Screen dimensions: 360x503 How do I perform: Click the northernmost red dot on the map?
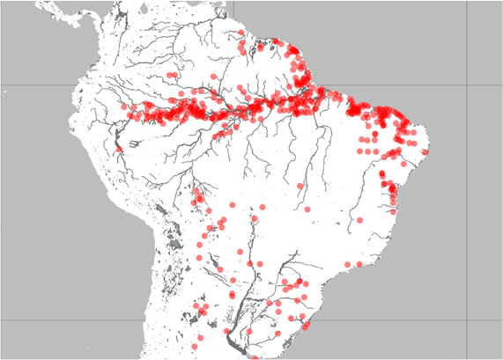coord(240,33)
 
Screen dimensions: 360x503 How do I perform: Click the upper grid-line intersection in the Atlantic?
coord(466,85)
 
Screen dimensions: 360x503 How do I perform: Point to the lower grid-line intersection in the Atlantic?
coord(466,320)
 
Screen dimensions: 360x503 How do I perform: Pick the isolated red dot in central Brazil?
coord(300,186)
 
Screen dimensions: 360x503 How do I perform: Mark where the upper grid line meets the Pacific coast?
coord(78,85)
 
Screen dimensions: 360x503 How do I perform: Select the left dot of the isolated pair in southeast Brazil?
coord(348,264)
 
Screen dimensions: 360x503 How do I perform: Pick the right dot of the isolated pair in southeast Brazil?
coord(359,263)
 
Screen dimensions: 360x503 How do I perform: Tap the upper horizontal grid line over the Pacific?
coord(35,85)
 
